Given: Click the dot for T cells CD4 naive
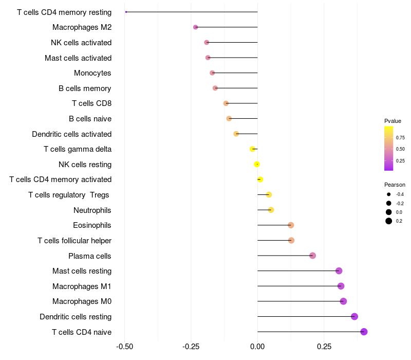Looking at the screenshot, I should click(364, 332).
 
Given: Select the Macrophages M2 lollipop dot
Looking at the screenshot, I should click(195, 27).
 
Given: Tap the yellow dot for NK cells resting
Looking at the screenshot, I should click(257, 164).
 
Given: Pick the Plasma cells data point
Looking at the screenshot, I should click(312, 256).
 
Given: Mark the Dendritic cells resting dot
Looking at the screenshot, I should click(354, 316).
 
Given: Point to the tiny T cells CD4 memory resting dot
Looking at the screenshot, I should click(126, 12).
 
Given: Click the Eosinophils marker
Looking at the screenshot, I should click(291, 225).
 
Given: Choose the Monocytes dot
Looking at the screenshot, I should click(212, 73).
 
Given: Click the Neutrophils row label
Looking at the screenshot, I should click(92, 210).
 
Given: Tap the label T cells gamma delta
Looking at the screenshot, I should click(78, 149).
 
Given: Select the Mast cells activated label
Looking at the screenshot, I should click(78, 58).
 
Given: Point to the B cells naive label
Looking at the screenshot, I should click(90, 119).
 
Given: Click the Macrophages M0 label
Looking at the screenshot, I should click(82, 301).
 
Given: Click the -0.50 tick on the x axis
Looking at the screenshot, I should click(125, 347).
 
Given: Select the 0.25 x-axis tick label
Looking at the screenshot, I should click(324, 347).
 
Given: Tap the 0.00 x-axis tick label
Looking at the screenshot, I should click(257, 347).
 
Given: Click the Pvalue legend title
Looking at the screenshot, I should click(393, 121).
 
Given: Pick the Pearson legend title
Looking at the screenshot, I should click(395, 185).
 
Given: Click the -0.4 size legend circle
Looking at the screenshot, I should click(389, 194).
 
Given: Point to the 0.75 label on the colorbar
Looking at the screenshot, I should click(400, 138).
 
